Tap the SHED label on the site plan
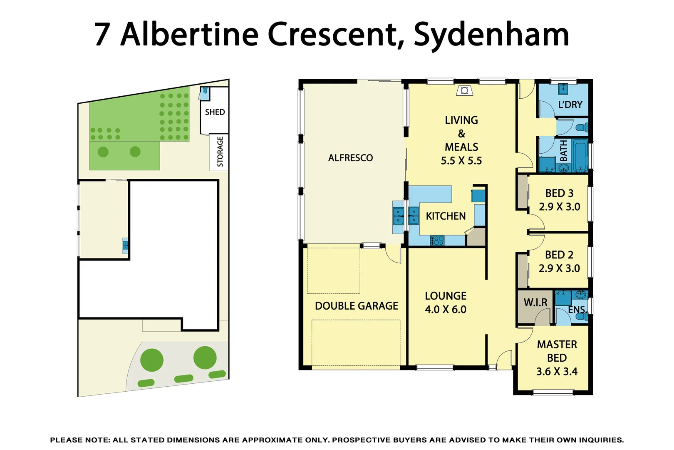(215, 112)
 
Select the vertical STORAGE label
(220, 152)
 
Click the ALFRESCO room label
(350, 158)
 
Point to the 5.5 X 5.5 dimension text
(461, 161)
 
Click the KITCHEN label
(446, 216)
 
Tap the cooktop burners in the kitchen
(437, 240)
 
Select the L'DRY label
(570, 105)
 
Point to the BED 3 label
(559, 193)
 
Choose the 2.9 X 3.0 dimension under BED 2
(559, 268)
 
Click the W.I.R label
(535, 302)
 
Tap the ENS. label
(577, 310)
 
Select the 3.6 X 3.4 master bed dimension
(557, 372)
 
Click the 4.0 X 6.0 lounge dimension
(445, 310)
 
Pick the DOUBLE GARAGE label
(357, 306)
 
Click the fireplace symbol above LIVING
(465, 90)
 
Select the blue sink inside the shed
(205, 92)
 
